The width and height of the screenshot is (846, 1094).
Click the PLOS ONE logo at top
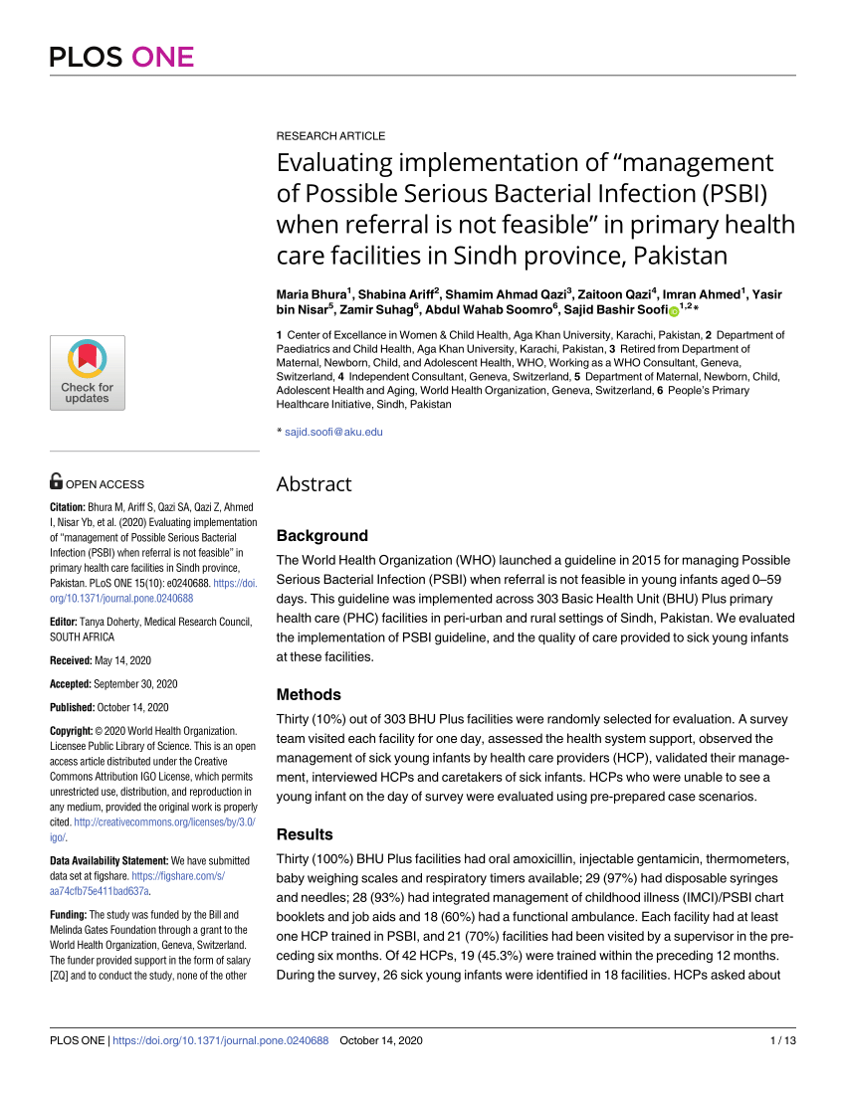pyautogui.click(x=121, y=57)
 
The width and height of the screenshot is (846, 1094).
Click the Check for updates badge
pyautogui.click(x=88, y=373)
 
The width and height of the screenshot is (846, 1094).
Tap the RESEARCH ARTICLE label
pyautogui.click(x=330, y=135)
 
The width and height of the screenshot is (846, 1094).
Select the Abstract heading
pyautogui.click(x=314, y=484)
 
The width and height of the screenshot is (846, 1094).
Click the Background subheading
pyautogui.click(x=321, y=535)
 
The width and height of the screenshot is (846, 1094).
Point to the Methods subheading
pyautogui.click(x=309, y=694)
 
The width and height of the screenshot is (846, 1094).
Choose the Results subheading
pyautogui.click(x=305, y=834)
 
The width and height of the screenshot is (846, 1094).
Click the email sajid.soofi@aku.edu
pyautogui.click(x=333, y=432)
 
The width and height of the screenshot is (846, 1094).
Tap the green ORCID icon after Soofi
pyautogui.click(x=673, y=311)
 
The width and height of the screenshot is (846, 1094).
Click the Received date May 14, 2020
pyautogui.click(x=123, y=660)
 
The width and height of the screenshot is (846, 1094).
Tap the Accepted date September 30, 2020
pyautogui.click(x=132, y=684)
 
